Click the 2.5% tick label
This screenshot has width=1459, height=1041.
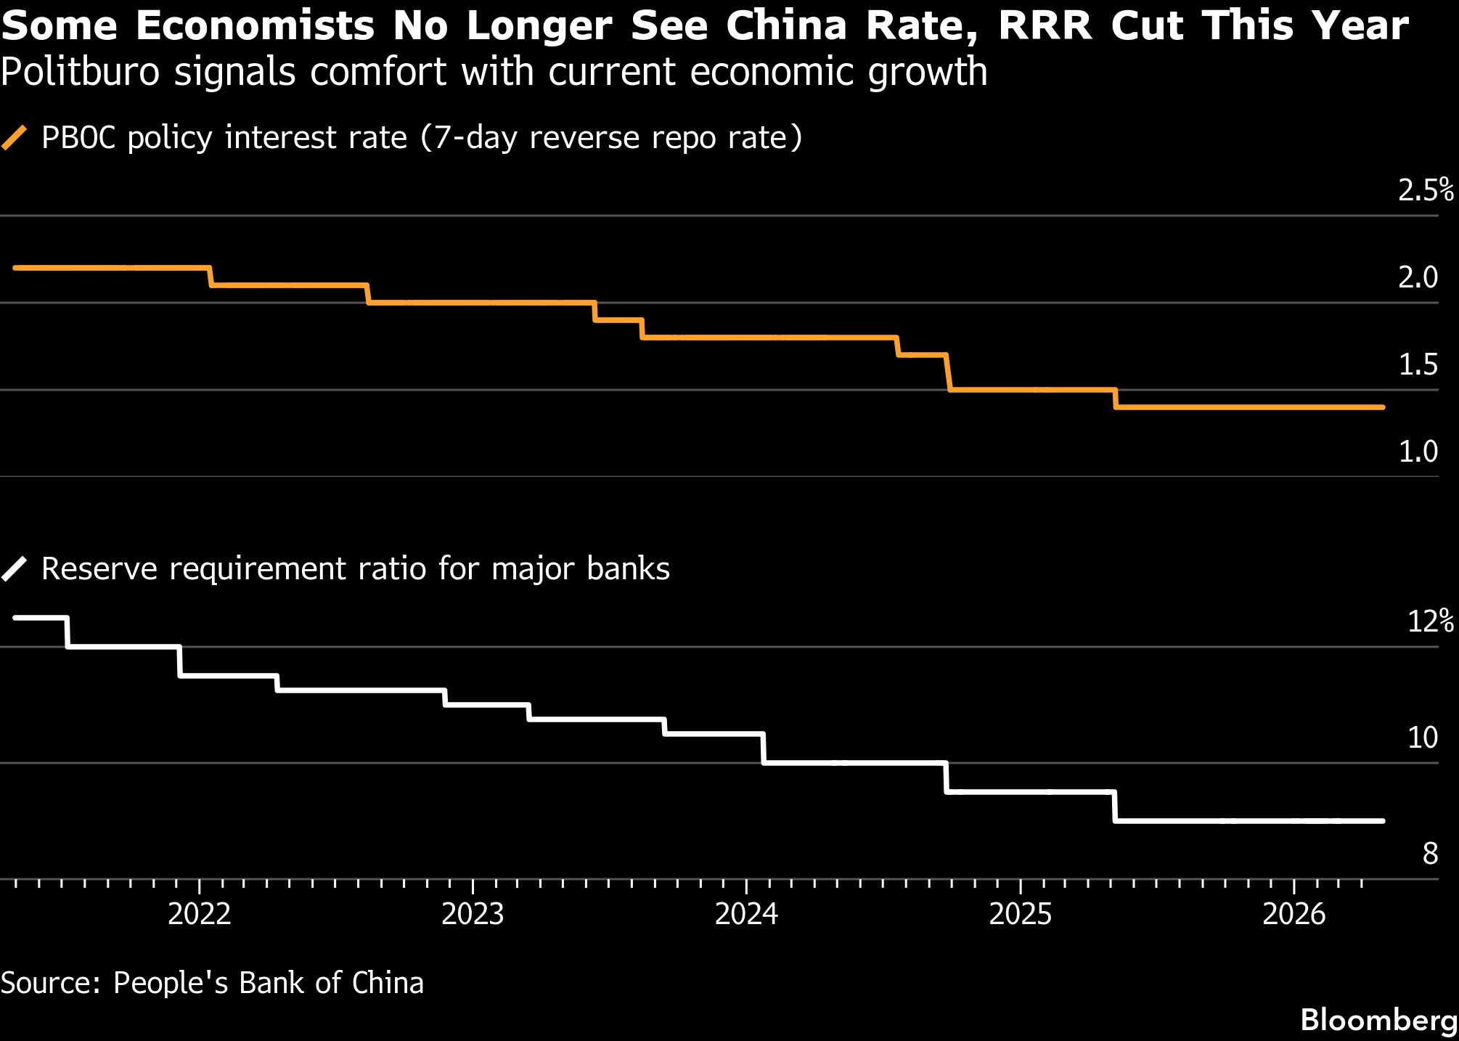(x=1425, y=190)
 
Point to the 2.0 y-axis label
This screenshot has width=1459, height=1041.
(x=1418, y=277)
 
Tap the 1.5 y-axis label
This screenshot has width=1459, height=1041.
(x=1418, y=364)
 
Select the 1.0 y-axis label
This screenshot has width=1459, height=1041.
(x=1418, y=452)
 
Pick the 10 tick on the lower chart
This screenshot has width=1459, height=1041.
(x=1422, y=738)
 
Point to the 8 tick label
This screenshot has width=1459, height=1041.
(x=1430, y=854)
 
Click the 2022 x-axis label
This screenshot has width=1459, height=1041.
(x=200, y=914)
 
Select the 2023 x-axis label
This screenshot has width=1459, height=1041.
(x=473, y=914)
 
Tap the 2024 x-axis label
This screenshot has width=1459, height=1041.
(x=746, y=914)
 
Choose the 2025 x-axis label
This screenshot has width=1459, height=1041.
(x=1020, y=914)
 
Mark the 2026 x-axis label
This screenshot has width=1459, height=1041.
(x=1294, y=914)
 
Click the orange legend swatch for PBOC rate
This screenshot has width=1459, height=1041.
(x=15, y=137)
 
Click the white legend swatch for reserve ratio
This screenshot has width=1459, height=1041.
(x=15, y=568)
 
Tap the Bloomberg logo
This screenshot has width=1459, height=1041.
(x=1378, y=1020)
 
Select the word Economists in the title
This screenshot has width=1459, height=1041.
(x=255, y=25)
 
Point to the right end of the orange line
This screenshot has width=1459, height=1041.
(x=1382, y=407)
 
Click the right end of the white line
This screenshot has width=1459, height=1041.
(x=1382, y=821)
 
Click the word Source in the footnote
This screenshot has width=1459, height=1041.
(x=51, y=983)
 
